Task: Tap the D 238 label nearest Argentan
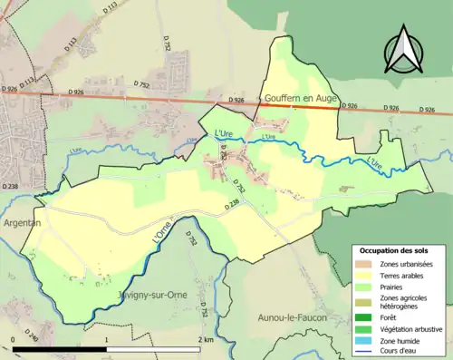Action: (10, 186)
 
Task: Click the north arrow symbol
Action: (405, 50)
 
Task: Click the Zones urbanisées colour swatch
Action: (367, 264)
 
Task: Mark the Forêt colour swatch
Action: (367, 318)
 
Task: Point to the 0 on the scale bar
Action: (13, 339)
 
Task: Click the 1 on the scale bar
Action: (107, 339)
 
